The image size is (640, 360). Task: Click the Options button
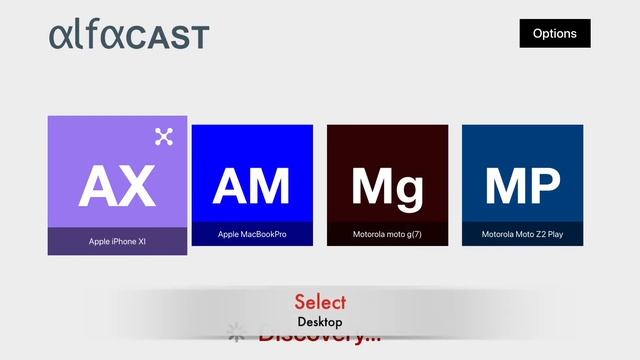555,33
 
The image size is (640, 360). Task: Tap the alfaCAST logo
129,35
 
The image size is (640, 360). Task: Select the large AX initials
117,185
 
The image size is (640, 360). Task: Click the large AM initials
252,186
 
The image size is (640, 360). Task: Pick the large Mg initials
387,186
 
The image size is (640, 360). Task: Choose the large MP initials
522,186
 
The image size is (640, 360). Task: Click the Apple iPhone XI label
117,241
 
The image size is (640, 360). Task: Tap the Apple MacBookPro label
252,235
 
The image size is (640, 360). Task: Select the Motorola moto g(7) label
387,235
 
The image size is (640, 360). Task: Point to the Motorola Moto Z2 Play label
522,235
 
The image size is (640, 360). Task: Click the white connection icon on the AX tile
164,137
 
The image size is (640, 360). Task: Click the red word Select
320,301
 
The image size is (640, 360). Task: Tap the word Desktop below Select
320,322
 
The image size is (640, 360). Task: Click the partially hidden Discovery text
320,337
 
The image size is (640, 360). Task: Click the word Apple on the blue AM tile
229,235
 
